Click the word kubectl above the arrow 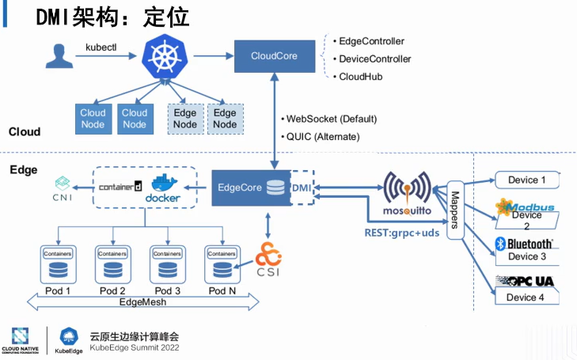coord(101,47)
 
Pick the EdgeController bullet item coord(371,41)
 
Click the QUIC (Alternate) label coord(320,137)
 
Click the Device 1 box coord(526,180)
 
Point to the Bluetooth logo coord(526,244)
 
